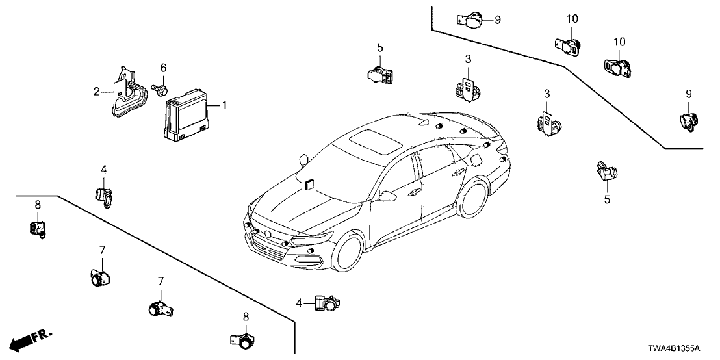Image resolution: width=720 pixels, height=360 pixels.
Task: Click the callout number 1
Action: [225, 104]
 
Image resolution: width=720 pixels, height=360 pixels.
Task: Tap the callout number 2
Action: [96, 92]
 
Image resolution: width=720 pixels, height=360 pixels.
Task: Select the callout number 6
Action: [163, 68]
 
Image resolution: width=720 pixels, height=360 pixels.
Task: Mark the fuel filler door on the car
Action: [476, 156]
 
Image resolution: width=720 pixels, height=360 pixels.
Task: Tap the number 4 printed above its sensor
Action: [103, 170]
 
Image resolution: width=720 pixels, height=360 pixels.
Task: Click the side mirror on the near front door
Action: [389, 195]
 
